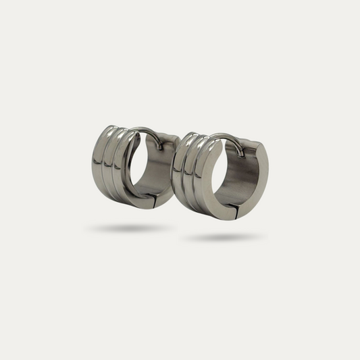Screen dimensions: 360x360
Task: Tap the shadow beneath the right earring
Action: click(x=223, y=237)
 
